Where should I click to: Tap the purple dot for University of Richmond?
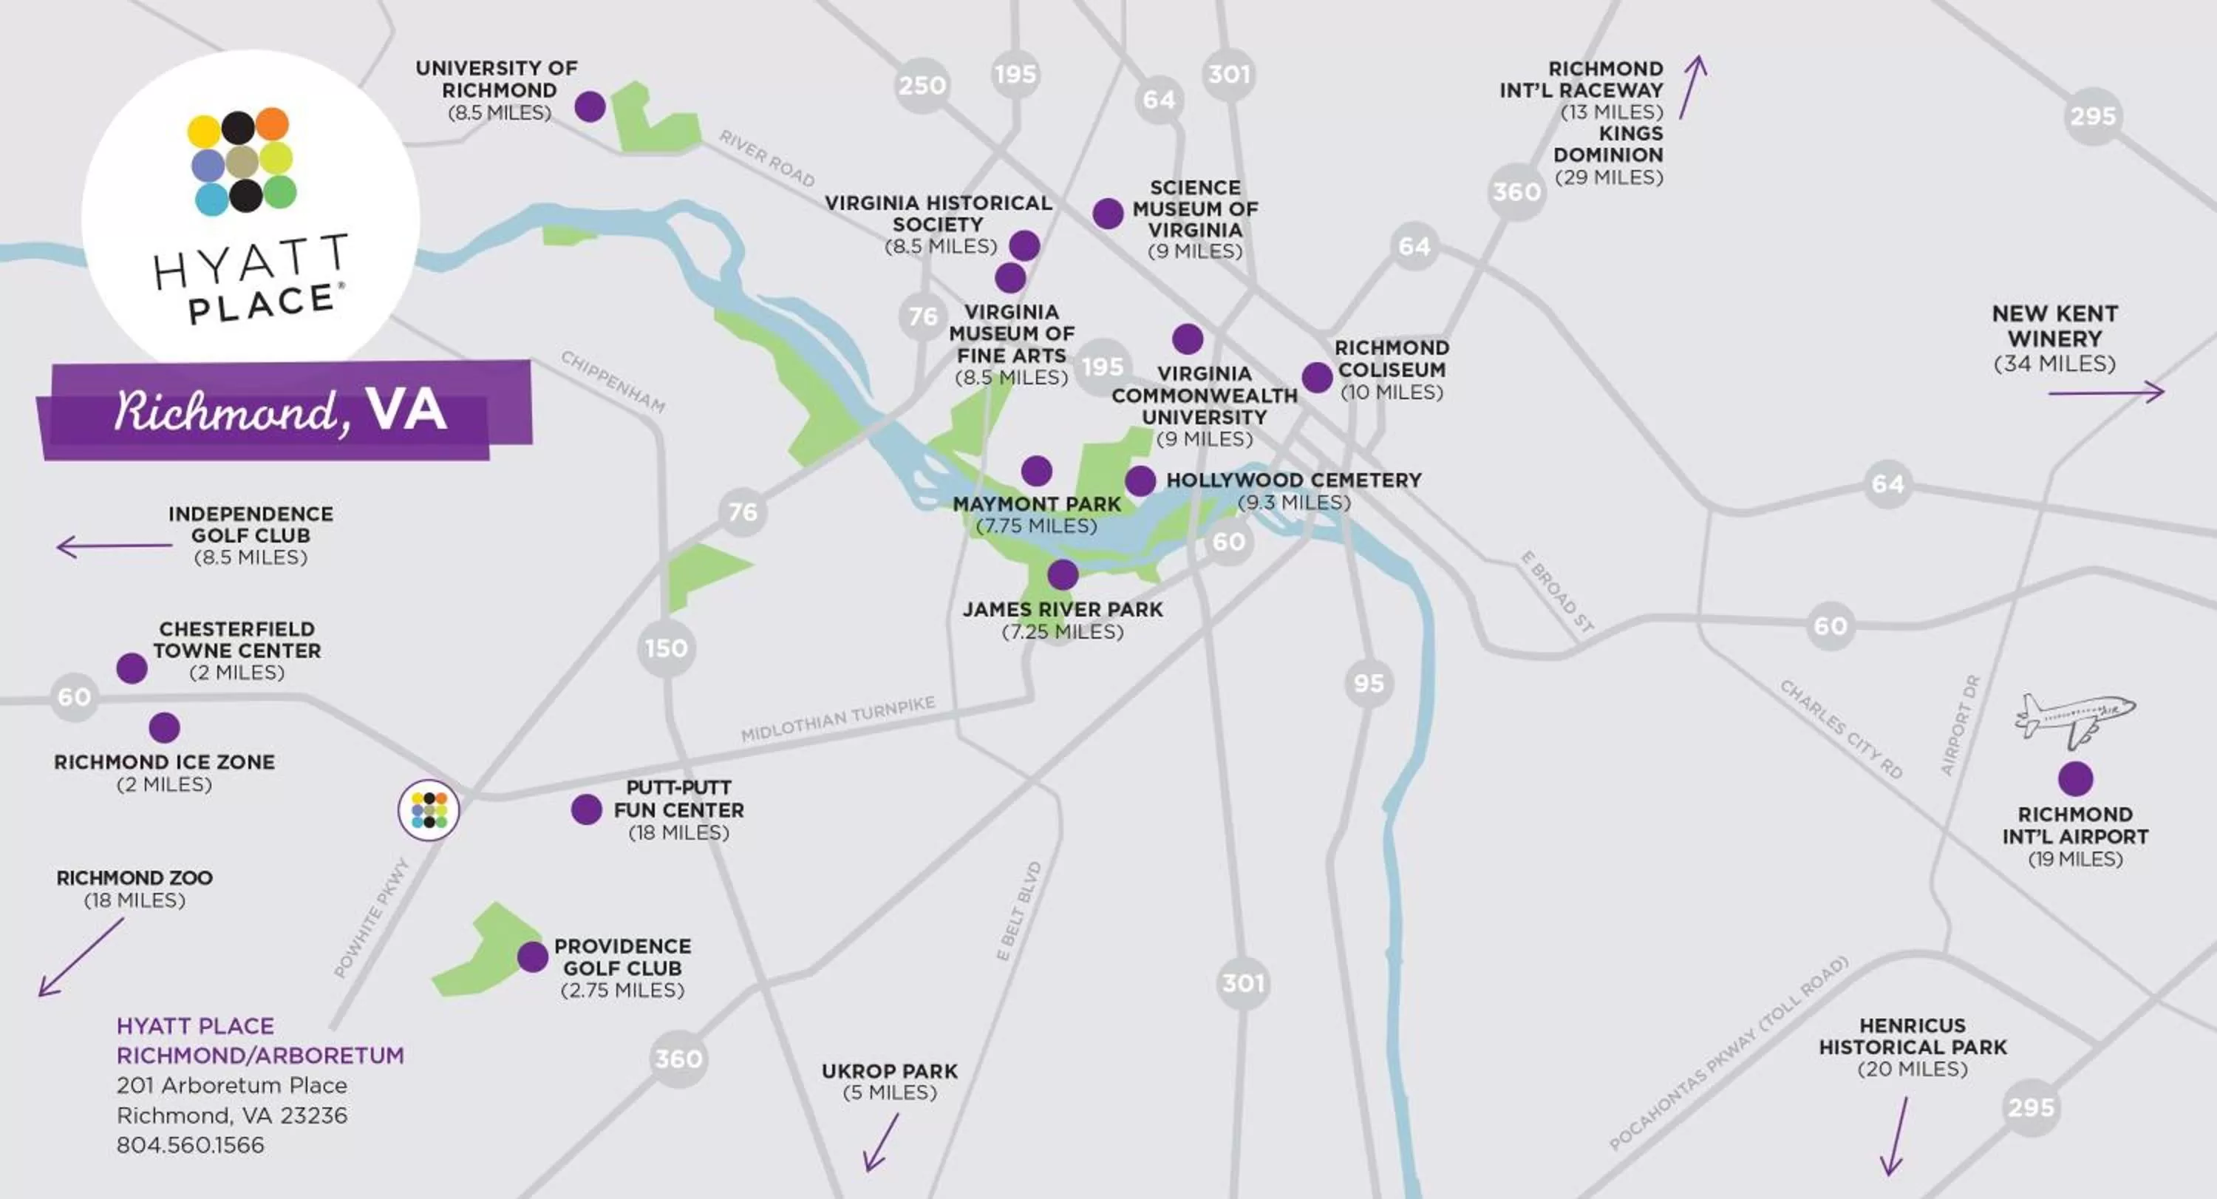click(590, 106)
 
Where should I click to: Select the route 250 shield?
click(922, 85)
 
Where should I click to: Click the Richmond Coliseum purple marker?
click(1317, 377)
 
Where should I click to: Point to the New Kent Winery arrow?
click(2105, 393)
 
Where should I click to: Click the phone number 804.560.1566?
click(190, 1145)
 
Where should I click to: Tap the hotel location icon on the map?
click(429, 810)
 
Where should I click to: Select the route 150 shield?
click(666, 648)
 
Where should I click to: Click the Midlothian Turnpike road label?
click(837, 719)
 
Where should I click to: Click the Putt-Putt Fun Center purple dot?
click(586, 809)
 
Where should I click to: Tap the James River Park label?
click(1062, 609)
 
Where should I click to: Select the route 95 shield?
click(1369, 684)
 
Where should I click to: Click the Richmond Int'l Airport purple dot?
click(2075, 779)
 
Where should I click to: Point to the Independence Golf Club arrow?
click(114, 546)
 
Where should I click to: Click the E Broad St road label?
click(1557, 593)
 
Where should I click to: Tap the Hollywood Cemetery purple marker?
click(1140, 481)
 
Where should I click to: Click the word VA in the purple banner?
click(406, 409)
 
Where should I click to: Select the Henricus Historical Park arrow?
click(1897, 1136)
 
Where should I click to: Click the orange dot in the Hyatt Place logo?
click(272, 124)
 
